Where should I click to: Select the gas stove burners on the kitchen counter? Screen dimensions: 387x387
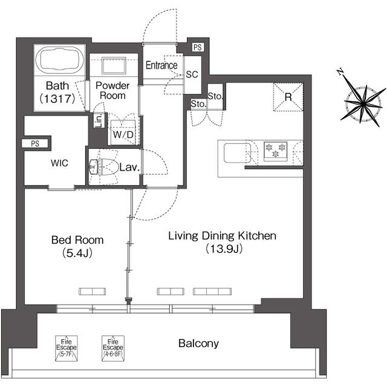276,150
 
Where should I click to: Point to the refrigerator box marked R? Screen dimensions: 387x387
288,96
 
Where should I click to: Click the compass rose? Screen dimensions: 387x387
360,101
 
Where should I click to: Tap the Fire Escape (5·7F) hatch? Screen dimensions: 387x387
65,348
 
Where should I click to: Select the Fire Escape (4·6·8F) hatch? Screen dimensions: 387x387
112,348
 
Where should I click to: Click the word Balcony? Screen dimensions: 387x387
198,343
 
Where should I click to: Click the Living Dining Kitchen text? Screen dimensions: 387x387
222,236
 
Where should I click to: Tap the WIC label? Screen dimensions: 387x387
60,163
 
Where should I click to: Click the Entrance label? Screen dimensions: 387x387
161,65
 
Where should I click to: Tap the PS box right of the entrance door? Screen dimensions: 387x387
197,47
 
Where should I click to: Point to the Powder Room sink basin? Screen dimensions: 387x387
112,65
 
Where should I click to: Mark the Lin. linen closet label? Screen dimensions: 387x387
98,120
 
